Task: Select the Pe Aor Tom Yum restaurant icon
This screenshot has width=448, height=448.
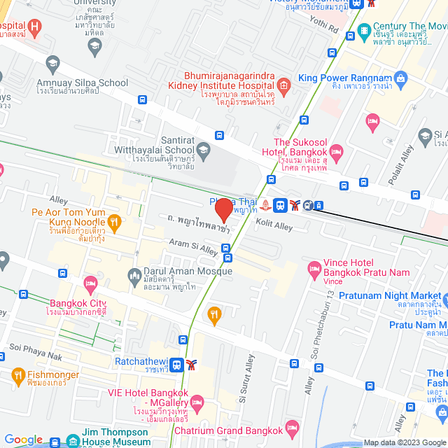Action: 115,222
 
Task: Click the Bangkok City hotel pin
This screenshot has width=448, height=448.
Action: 90,283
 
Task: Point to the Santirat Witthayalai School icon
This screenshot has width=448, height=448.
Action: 203,149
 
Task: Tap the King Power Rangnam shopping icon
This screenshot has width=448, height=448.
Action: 400,77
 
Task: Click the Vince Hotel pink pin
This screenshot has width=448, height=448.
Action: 314,268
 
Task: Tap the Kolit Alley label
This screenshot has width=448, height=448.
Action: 274,226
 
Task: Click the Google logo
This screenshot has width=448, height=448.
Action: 23,440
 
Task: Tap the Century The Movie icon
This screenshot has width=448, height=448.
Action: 364,31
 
